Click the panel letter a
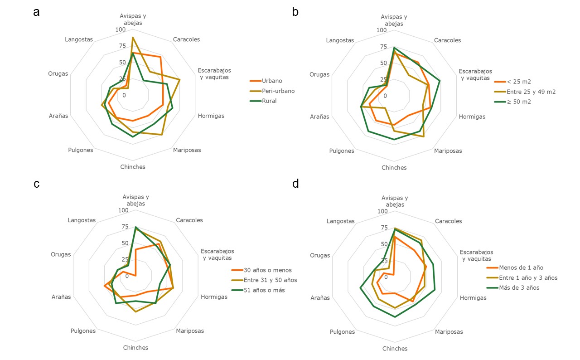[x=36, y=12]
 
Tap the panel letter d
[x=295, y=184]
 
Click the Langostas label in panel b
[x=340, y=40]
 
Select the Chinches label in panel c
[x=135, y=348]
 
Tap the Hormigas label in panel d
[x=473, y=298]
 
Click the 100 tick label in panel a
[x=120, y=29]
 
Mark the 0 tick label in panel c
[x=127, y=276]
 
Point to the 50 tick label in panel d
[x=384, y=244]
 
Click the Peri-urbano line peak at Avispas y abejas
[x=132, y=38]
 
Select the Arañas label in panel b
[x=319, y=117]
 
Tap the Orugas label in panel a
[x=58, y=73]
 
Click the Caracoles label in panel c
[x=189, y=220]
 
